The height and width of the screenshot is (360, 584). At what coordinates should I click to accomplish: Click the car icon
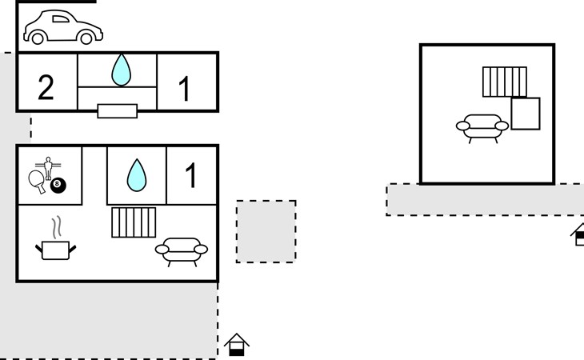(63, 27)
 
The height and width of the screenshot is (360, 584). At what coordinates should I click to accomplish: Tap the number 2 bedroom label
(46, 86)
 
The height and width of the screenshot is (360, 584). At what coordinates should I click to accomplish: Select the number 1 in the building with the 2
(185, 89)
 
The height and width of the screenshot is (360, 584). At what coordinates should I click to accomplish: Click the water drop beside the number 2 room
(121, 70)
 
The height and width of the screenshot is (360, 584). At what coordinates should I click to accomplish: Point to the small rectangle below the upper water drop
(117, 111)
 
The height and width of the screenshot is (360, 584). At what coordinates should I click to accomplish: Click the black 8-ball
(58, 186)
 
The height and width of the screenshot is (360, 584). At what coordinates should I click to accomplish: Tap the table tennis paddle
(37, 182)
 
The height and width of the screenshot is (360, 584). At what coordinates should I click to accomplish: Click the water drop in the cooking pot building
(137, 174)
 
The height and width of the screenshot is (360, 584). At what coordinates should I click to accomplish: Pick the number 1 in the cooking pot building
(190, 175)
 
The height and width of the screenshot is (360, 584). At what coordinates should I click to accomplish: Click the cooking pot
(54, 250)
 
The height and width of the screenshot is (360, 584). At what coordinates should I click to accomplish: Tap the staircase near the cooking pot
(133, 222)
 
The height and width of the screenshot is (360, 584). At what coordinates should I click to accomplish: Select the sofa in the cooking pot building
(181, 250)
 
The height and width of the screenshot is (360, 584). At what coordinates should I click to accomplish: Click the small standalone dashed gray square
(266, 231)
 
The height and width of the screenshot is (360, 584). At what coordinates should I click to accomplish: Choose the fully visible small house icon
(236, 345)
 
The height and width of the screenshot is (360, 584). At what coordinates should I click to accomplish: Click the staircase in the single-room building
(505, 82)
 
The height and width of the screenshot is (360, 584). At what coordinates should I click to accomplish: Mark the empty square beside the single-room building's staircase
(525, 113)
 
